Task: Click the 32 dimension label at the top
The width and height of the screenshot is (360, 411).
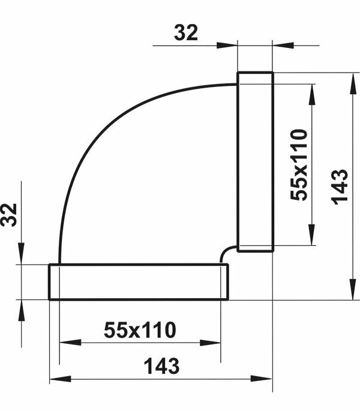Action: coord(185,33)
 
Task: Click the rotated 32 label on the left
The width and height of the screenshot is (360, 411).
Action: coord(8,215)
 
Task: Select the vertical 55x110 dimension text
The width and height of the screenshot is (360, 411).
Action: coord(299,165)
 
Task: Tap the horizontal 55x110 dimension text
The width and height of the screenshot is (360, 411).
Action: coord(140,330)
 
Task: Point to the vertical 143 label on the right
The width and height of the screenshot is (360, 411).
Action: coord(340,187)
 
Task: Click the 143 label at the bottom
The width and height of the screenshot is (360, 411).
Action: coord(162,366)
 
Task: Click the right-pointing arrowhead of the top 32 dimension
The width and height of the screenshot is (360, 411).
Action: coord(227,46)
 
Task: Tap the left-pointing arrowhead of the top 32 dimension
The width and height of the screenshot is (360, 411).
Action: coord(283,46)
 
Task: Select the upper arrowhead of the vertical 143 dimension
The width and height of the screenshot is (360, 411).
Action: coord(353,83)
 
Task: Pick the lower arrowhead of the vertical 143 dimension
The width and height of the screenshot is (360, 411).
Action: coord(353,289)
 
